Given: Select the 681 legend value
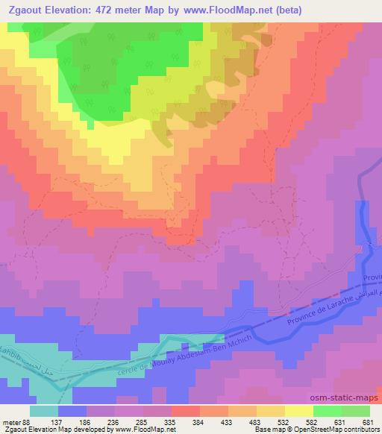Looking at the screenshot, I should coord(367,422).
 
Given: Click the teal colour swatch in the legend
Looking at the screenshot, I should coord(44,411).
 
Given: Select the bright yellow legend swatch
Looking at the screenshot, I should coord(299,411).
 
